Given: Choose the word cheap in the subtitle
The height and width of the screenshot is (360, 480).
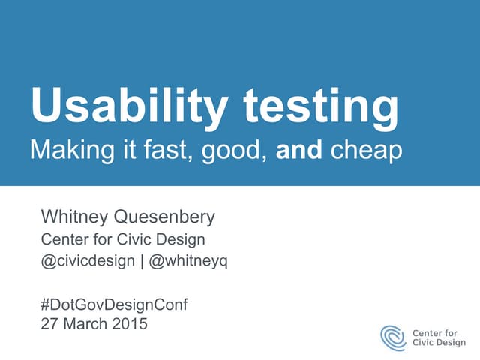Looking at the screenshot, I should pyautogui.click(x=365, y=151).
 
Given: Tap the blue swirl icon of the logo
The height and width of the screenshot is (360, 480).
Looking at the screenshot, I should pyautogui.click(x=393, y=337).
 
